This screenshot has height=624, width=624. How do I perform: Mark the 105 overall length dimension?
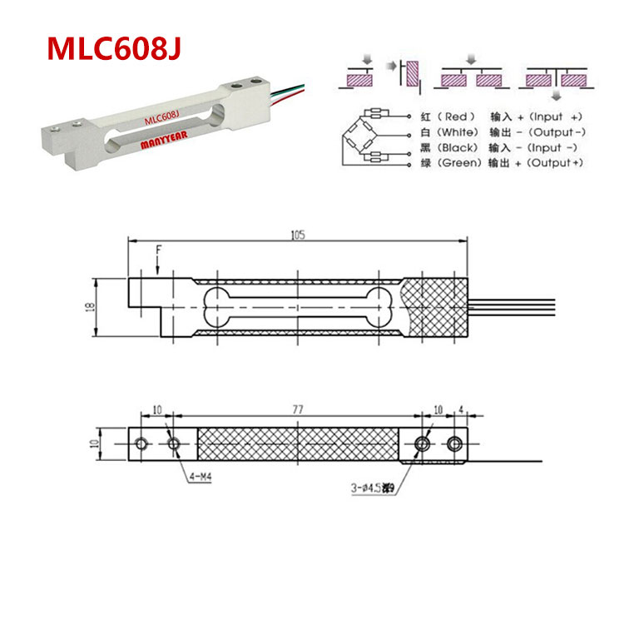pos(298,235)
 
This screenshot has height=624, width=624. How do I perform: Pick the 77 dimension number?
pos(297,410)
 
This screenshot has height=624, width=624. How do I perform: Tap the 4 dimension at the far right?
pos(460,410)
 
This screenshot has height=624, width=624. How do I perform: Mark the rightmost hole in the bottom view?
pos(454,443)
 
